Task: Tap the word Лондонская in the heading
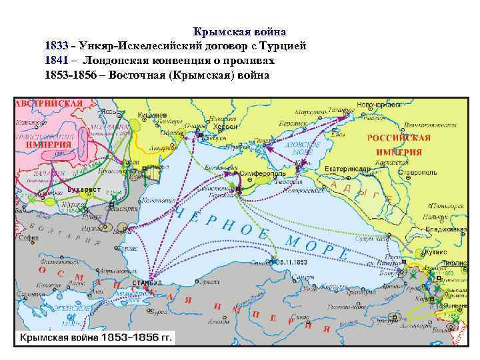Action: pyautogui.click(x=118, y=61)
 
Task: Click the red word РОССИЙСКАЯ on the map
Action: pyautogui.click(x=399, y=138)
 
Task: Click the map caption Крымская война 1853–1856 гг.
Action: pyautogui.click(x=95, y=338)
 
